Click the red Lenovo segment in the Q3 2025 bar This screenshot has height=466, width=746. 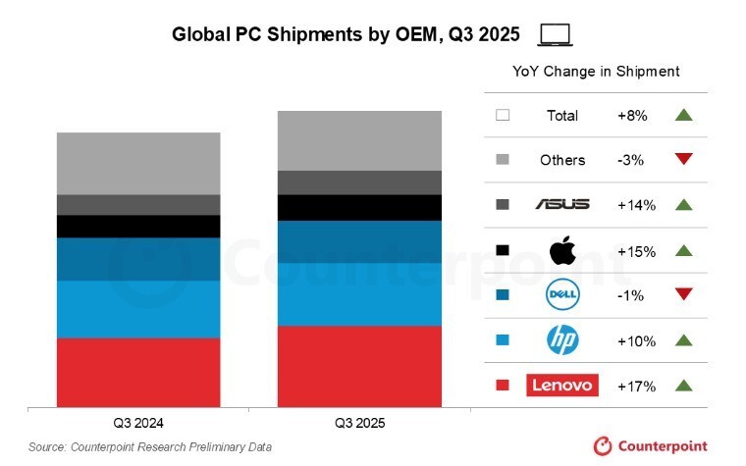pos(359,365)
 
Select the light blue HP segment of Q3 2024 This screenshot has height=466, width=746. pos(138,309)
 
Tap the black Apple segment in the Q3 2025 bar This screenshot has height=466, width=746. pos(359,208)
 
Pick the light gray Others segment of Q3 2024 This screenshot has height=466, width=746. pos(138,163)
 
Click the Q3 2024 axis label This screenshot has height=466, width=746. pos(138,424)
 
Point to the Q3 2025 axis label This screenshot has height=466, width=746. pos(359,424)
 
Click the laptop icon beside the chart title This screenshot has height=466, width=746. pos(557,35)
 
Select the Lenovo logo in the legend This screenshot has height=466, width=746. pos(561,386)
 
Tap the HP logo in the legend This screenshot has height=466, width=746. pos(561,340)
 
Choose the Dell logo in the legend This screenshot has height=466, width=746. pos(561,294)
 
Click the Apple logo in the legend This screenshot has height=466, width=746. pos(561,250)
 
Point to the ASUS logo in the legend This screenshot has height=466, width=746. pos(561,204)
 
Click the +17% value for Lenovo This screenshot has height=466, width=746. pos(636,386)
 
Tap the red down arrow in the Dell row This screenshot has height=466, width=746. pos(684,294)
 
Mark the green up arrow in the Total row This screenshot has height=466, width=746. pos(684,115)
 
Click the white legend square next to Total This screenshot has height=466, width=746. pos(503,115)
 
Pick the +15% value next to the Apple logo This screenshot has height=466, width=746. pos(636,250)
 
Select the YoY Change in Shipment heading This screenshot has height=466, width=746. pos(596,72)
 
